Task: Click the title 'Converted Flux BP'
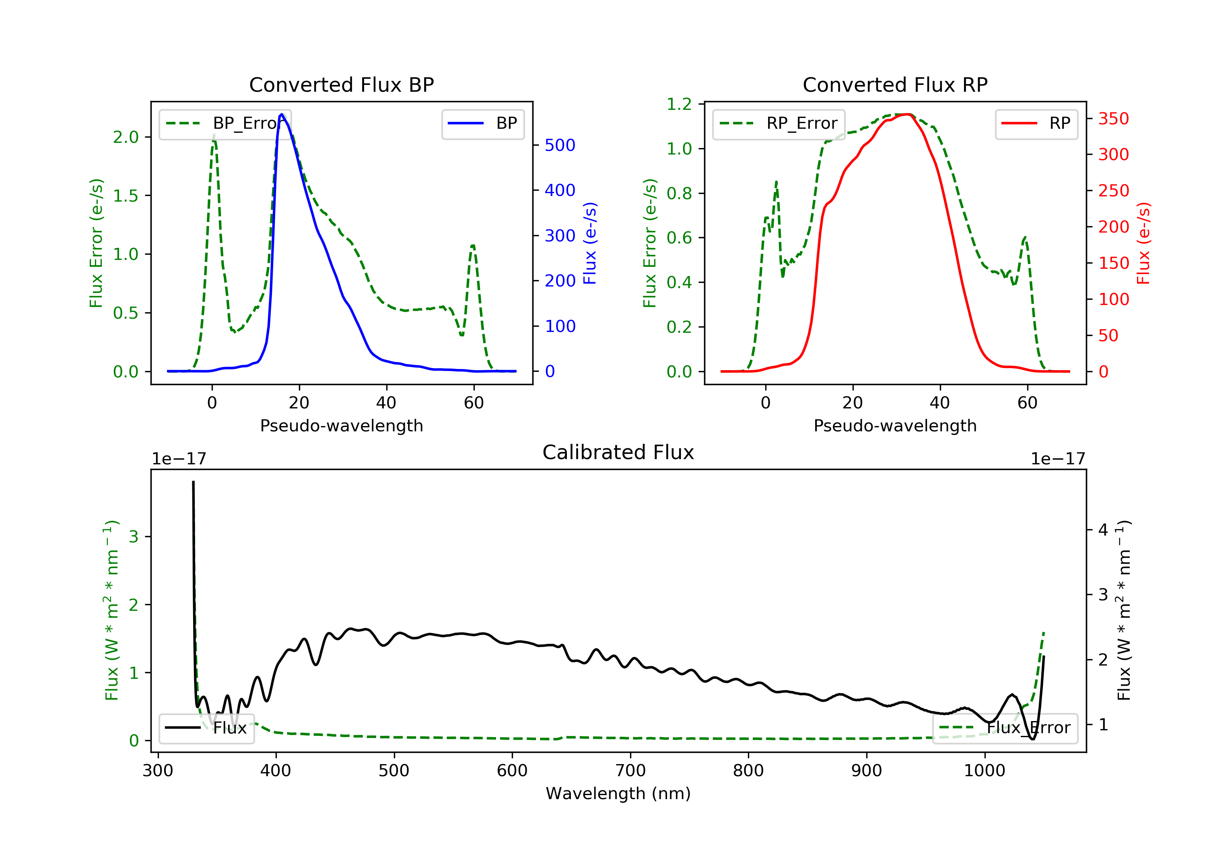341,84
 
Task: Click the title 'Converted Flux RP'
895,84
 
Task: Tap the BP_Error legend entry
225,124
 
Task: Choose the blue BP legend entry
482,124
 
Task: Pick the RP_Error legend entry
779,124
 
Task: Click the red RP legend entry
1036,124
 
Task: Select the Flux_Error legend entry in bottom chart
1005,728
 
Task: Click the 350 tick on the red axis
1113,119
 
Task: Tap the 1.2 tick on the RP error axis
679,105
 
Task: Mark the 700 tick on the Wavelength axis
630,771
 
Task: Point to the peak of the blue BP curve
282,114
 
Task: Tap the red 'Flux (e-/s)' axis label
1144,243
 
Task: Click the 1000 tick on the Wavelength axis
984,771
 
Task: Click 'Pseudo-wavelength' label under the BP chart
341,425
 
